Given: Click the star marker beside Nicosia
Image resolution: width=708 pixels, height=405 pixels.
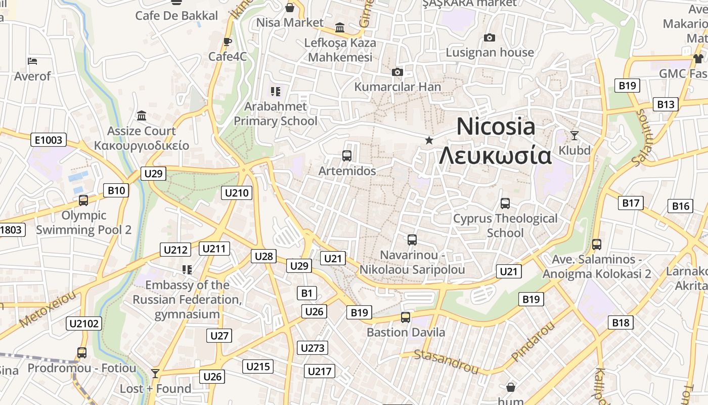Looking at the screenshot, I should click(x=429, y=140).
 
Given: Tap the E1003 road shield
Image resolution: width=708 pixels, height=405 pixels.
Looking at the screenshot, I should click(x=49, y=140).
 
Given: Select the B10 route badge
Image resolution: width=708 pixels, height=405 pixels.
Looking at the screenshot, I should click(x=116, y=190).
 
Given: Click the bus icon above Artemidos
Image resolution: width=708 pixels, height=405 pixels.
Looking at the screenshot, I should click(x=347, y=155).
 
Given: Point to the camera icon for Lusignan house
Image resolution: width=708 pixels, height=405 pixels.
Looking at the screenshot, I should click(x=489, y=37).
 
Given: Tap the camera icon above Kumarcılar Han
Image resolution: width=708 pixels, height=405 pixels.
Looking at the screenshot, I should click(x=397, y=72).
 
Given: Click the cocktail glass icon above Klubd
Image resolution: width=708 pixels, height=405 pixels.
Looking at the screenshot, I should click(x=574, y=135).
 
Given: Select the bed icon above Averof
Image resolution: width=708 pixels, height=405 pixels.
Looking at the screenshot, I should click(x=32, y=61).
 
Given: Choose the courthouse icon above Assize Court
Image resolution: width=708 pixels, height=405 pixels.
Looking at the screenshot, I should click(x=142, y=116).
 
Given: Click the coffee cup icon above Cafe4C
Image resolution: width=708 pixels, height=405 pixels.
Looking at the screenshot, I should click(x=228, y=42).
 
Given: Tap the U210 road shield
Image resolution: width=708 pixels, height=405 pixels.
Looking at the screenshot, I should click(x=237, y=192).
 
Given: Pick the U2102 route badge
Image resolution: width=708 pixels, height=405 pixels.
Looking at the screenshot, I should click(x=84, y=323).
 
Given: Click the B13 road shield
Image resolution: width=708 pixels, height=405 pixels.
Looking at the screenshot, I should click(x=666, y=104).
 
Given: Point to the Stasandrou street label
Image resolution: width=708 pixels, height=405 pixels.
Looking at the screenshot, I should click(x=446, y=361).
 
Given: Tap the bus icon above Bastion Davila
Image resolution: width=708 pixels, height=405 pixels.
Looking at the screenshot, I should click(x=405, y=317).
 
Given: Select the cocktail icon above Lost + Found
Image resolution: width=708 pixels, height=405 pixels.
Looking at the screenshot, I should click(x=155, y=374).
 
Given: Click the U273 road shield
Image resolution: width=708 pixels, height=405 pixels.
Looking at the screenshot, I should click(x=313, y=348).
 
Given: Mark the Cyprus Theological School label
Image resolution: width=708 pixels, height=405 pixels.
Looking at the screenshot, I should click(x=505, y=226).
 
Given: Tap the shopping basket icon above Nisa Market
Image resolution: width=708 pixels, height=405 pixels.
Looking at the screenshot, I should click(x=290, y=8).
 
